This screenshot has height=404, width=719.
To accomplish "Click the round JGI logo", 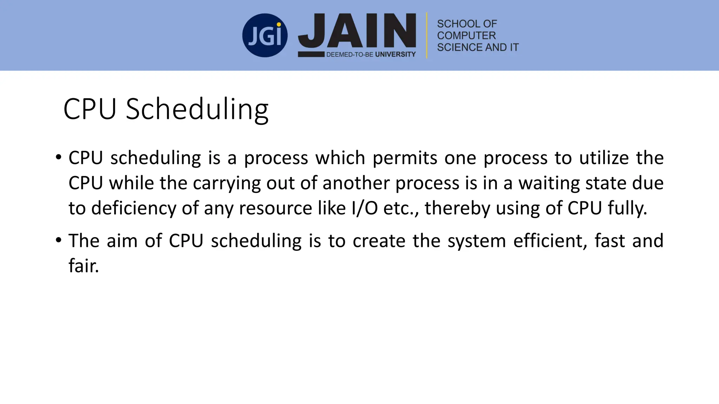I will pos(265,35).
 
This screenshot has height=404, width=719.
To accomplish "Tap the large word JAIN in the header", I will pos(357,31).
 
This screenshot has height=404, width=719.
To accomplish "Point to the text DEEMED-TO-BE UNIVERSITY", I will pos(371,54).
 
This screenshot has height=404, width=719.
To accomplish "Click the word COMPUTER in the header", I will pos(466,35).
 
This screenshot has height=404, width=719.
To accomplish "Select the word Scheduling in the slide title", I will pos(197,109).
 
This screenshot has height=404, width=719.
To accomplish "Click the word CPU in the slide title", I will pos(90,109).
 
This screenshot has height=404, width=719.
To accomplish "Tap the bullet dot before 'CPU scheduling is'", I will pos(59,157).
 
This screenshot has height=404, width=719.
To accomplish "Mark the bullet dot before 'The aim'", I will pos(59,240).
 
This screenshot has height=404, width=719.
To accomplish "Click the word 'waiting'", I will pos(549,183).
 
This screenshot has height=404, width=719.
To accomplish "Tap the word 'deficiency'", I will pos(133,209).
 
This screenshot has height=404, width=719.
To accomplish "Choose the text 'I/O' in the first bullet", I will pos(364,208).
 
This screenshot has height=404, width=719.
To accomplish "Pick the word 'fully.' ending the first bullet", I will pos(627,209).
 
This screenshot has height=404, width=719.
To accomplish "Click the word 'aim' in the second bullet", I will pos(122,241).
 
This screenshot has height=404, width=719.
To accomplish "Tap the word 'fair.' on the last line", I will pos(84,266).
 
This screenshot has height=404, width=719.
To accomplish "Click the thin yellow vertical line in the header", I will pos(427,35).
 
